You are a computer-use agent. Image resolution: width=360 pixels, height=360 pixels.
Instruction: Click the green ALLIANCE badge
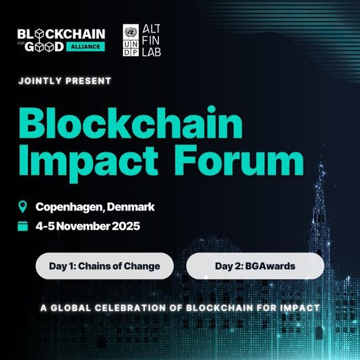coord(86,47)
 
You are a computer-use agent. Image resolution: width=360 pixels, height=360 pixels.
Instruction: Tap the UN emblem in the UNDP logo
coord(132,30)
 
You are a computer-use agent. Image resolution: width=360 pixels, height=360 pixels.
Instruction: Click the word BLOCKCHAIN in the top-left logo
coord(61,34)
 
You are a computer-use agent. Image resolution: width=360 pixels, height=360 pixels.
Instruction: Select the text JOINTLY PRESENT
coord(65,81)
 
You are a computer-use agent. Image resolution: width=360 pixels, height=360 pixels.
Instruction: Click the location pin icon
coord(23,207)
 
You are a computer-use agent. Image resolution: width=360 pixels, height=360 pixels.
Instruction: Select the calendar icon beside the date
coord(23,225)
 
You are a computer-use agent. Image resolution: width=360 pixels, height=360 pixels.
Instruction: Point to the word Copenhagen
coord(69,207)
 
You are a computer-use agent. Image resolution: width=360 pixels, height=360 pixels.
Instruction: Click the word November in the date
coord(78,226)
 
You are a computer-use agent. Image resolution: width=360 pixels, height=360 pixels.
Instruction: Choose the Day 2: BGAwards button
coord(255,266)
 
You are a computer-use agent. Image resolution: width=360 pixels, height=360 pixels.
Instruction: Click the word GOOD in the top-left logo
coord(44,47)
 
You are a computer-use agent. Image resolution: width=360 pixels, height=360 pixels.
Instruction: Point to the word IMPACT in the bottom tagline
coord(300,307)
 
